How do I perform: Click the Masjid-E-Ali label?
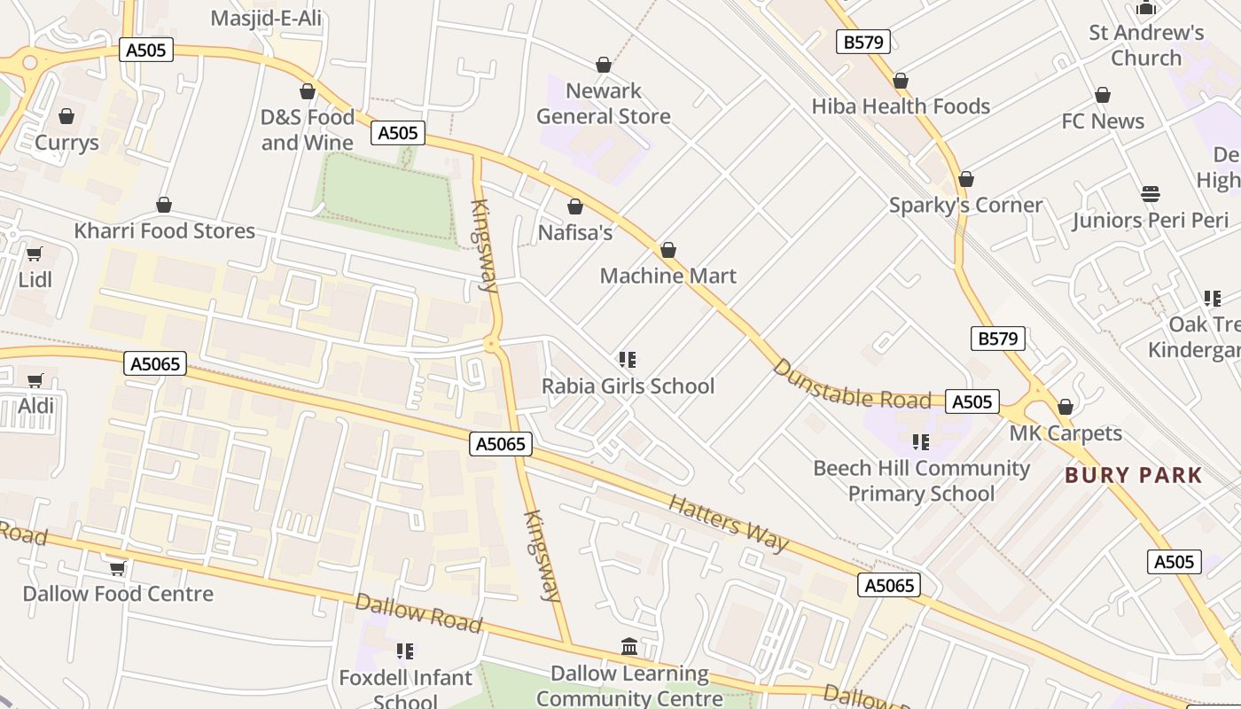click(x=266, y=18)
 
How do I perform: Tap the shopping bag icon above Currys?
click(x=66, y=116)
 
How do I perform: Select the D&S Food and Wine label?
click(x=308, y=129)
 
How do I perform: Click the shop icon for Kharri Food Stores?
click(x=164, y=206)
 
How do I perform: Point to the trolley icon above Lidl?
click(x=35, y=255)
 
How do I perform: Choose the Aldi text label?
click(x=36, y=406)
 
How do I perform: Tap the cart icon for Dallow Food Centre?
click(x=117, y=568)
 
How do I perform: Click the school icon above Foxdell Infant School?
click(x=405, y=651)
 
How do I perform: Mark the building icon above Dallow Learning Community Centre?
click(x=629, y=647)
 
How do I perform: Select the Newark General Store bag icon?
click(x=604, y=65)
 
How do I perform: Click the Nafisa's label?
click(x=575, y=232)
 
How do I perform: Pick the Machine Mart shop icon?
click(x=668, y=251)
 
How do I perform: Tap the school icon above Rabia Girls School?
click(x=628, y=360)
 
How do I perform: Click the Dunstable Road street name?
click(x=852, y=386)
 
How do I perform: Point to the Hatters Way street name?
click(x=728, y=523)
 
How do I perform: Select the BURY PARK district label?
click(x=1134, y=475)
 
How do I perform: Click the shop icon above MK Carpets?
click(x=1065, y=408)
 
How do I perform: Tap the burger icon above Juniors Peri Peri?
click(x=1151, y=194)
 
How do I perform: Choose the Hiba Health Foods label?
click(x=901, y=106)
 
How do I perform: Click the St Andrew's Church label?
click(x=1146, y=45)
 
